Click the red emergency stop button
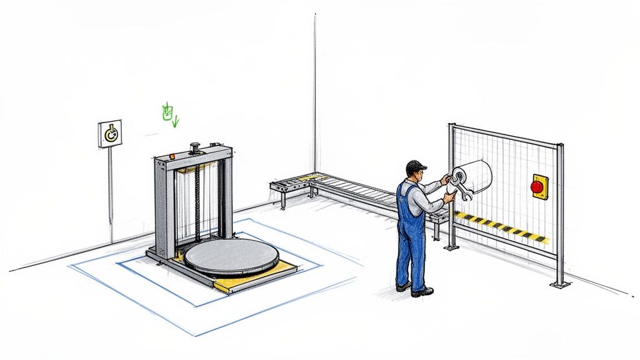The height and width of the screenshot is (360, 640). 537,186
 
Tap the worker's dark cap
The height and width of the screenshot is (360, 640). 415,166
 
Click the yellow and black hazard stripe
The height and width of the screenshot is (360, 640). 500,226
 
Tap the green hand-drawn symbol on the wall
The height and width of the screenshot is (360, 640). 167,114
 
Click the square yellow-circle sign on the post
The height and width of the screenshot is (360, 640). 110,133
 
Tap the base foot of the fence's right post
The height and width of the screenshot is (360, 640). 560,284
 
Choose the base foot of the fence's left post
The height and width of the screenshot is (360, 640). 450,247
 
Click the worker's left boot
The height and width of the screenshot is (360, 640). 403,286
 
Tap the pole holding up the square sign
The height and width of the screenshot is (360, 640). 111,194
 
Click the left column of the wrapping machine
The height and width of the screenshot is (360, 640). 161,206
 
